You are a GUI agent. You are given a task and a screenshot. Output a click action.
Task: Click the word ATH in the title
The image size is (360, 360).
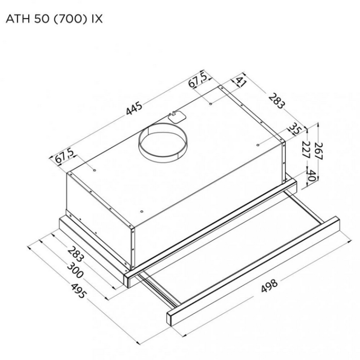point(17,19)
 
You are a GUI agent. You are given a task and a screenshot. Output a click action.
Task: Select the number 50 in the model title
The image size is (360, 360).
point(42,19)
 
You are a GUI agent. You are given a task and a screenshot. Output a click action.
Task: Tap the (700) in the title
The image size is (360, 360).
point(70,19)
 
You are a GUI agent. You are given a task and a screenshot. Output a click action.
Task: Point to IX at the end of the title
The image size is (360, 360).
point(97,19)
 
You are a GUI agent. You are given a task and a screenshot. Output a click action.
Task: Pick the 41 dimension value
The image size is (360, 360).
point(240,82)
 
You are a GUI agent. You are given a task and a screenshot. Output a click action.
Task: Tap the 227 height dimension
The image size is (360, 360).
point(306,150)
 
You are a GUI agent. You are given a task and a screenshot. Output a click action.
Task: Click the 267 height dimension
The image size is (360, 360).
point(319,151)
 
